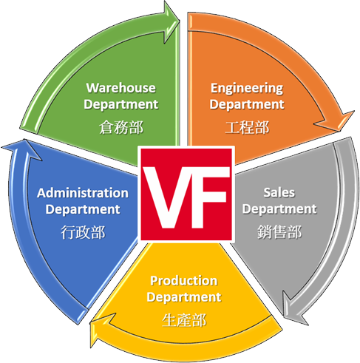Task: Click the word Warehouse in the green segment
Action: point(121,88)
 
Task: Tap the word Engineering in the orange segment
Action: point(247,89)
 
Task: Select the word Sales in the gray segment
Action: point(279,192)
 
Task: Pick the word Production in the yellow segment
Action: point(184,281)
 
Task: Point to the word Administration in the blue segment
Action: point(83,193)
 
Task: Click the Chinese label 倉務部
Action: point(121,127)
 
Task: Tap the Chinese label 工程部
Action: point(247,128)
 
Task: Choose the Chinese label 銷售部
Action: point(279,232)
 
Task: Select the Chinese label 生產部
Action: point(184,320)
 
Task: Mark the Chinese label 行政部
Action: point(83,232)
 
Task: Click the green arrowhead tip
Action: point(180,22)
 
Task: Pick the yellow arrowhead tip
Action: point(90,322)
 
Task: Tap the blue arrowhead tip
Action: point(24,139)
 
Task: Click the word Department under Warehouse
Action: point(121,104)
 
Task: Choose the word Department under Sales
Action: point(279,209)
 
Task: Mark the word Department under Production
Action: point(184,297)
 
